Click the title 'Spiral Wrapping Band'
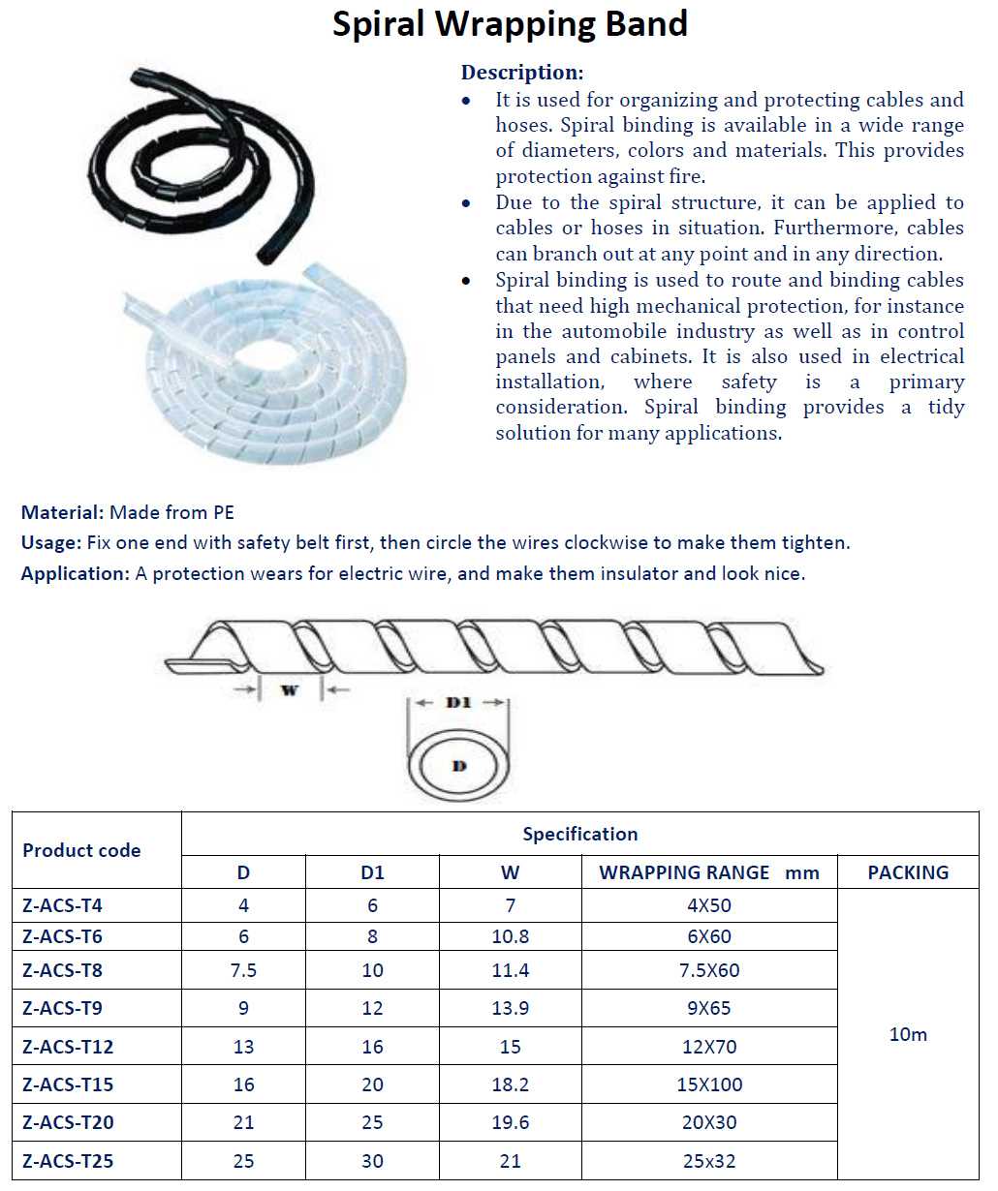pyautogui.click(x=510, y=24)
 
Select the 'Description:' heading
pyautogui.click(x=521, y=73)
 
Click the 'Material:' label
pyautogui.click(x=62, y=512)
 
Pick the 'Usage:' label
pyautogui.click(x=51, y=542)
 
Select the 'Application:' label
pyautogui.click(x=75, y=573)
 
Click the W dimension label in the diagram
pyautogui.click(x=289, y=690)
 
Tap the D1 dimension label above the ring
pyautogui.click(x=458, y=703)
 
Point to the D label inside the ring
pyautogui.click(x=459, y=766)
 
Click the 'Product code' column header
pyautogui.click(x=81, y=850)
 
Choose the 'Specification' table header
pyautogui.click(x=579, y=834)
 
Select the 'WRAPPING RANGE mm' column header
pyautogui.click(x=708, y=872)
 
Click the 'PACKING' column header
pyautogui.click(x=908, y=872)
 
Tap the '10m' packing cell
pyautogui.click(x=908, y=1034)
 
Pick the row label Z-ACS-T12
pyautogui.click(x=68, y=1047)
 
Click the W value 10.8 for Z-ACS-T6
pyautogui.click(x=510, y=936)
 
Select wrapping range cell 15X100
pyautogui.click(x=709, y=1084)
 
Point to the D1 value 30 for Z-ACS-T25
pyautogui.click(x=372, y=1161)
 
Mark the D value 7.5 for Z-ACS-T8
pyautogui.click(x=243, y=970)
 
